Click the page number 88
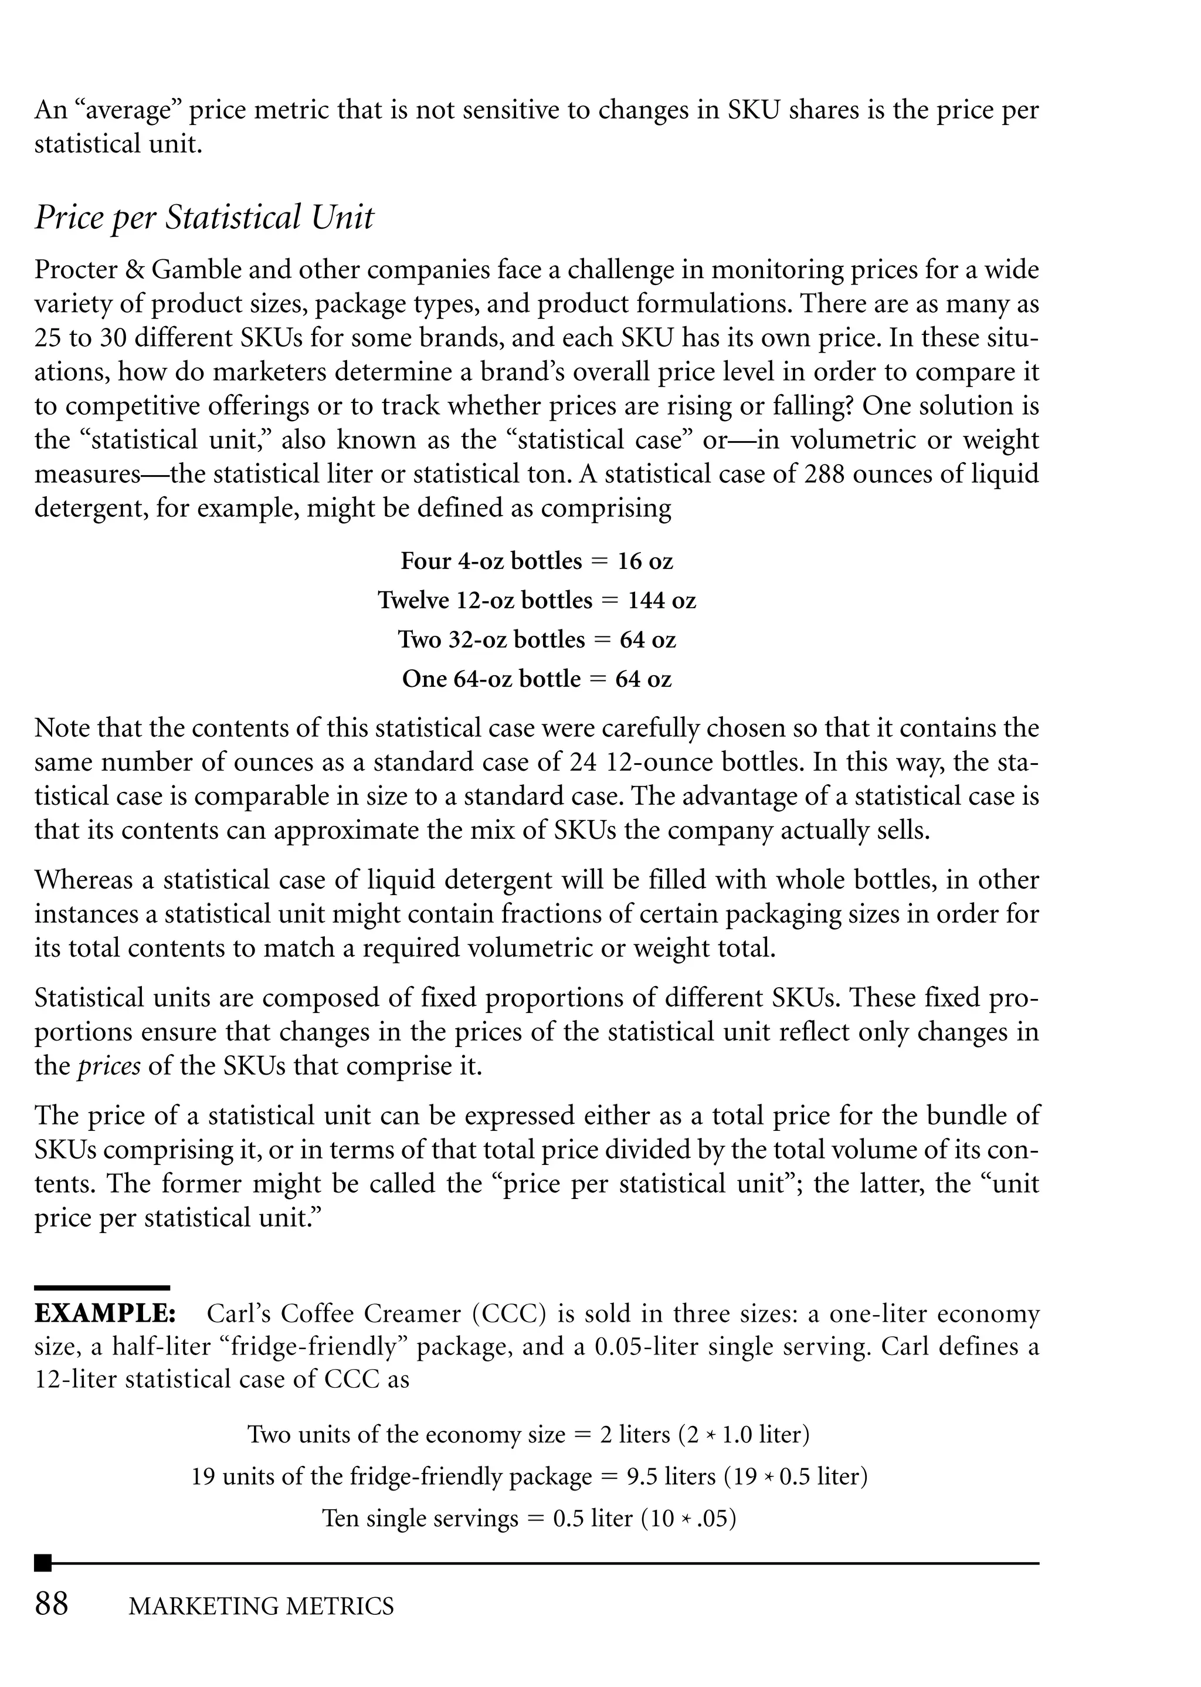coord(52,1604)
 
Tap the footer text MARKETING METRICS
coord(261,1607)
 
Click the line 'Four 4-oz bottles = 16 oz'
coord(536,561)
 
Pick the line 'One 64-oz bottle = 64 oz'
coord(536,679)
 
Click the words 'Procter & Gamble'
coord(138,270)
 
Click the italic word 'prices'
coord(108,1066)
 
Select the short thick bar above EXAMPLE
coord(102,1288)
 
